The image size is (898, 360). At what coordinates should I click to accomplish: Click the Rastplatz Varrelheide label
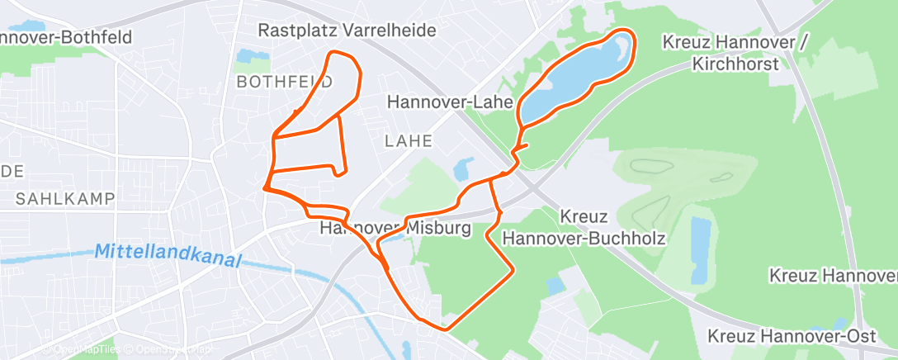coord(347,31)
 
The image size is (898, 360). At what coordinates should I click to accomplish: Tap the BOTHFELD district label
coord(284,82)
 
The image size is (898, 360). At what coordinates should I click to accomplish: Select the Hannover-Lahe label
coord(450,102)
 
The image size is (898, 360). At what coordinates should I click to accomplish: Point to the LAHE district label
coord(409,140)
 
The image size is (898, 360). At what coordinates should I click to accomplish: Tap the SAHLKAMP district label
coord(64,199)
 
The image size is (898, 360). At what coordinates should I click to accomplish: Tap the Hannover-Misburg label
coord(395,228)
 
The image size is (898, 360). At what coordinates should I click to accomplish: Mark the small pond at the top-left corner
coord(33,27)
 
